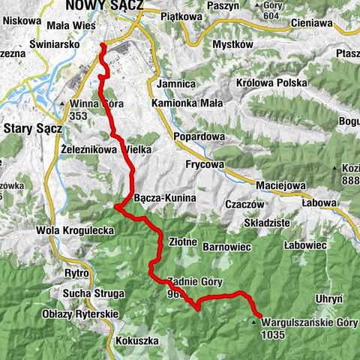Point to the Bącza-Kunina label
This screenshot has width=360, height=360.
coord(164,198)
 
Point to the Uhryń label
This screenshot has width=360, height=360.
coord(330,298)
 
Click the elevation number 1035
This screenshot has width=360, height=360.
coord(274,334)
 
